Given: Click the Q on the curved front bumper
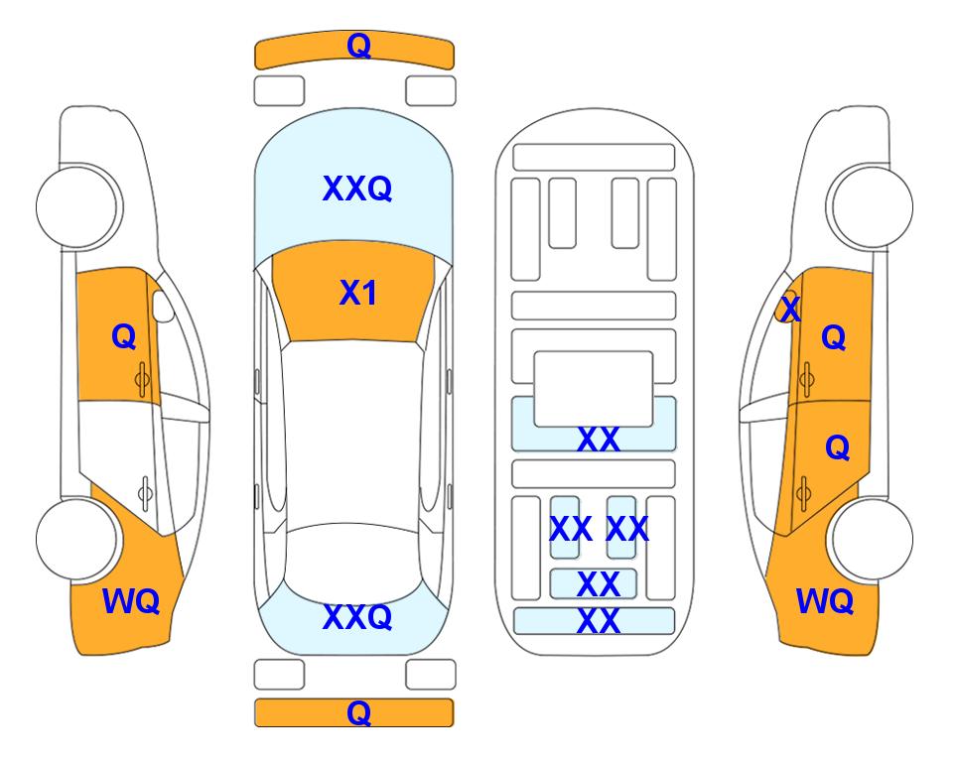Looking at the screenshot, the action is click(x=358, y=46).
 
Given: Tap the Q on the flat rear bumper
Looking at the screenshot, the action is click(x=358, y=712).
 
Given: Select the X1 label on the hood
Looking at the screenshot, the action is click(x=358, y=293).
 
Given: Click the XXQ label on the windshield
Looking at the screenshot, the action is click(x=357, y=189).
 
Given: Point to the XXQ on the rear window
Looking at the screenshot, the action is click(x=357, y=616).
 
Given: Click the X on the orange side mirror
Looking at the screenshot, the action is click(x=790, y=308).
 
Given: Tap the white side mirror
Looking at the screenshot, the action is click(x=163, y=306).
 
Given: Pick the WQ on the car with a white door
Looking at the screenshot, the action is click(x=131, y=601).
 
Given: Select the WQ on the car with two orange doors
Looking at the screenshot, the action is click(x=825, y=601).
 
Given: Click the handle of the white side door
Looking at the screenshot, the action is click(x=145, y=492).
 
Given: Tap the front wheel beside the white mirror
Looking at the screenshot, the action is click(x=78, y=206).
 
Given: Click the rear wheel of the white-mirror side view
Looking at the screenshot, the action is click(x=78, y=539).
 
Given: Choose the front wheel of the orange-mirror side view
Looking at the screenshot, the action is click(x=871, y=206).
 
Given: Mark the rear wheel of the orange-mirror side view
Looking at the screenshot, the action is click(x=871, y=539).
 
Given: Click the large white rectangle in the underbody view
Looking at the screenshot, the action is click(x=594, y=389).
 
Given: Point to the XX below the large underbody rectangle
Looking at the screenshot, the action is click(x=598, y=439).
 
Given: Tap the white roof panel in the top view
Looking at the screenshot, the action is click(x=353, y=433).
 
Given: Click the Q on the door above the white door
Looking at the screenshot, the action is click(x=124, y=336).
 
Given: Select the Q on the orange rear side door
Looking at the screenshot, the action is click(x=837, y=448).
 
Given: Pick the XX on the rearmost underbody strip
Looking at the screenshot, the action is click(x=598, y=621).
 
